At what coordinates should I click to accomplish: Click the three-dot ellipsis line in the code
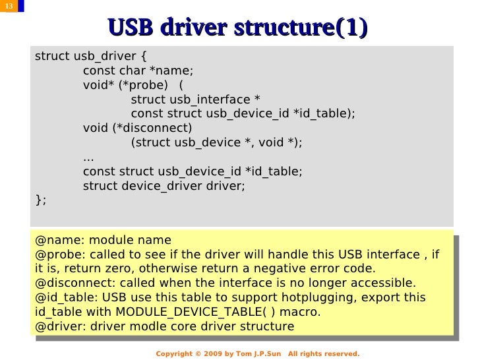[88, 157]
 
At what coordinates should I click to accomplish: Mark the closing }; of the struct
[40, 200]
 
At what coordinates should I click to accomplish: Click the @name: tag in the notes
[59, 239]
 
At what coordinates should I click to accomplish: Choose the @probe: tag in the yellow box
[61, 254]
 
